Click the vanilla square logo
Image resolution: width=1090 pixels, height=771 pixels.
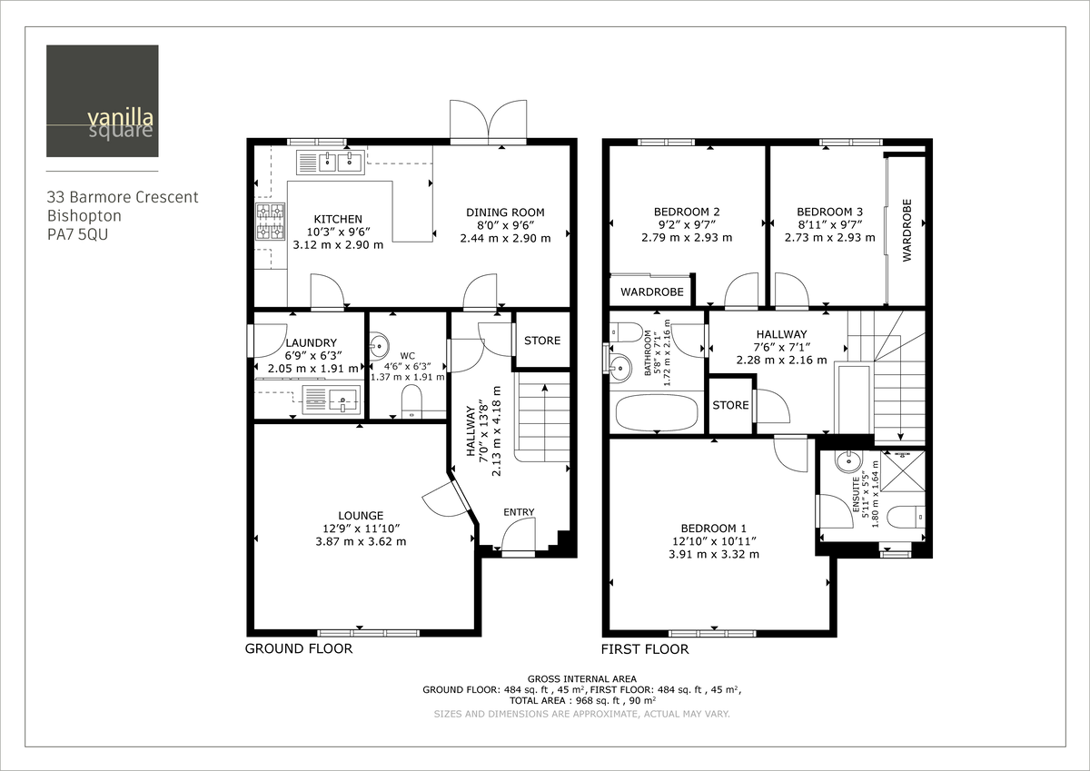[x=102, y=101]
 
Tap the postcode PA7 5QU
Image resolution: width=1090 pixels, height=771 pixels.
[x=81, y=234]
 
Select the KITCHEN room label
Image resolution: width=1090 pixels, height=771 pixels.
[x=338, y=219]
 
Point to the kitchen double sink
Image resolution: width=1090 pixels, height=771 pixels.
[x=331, y=163]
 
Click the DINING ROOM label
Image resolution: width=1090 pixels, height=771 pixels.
[x=505, y=213]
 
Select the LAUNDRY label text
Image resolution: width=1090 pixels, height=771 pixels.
[x=310, y=343]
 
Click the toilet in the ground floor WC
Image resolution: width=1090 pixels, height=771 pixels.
[x=411, y=401]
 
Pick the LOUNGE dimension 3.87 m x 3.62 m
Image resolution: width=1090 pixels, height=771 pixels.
[x=361, y=541]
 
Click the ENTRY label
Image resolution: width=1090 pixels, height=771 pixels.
[x=519, y=512]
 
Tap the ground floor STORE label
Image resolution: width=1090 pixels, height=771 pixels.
[x=542, y=341]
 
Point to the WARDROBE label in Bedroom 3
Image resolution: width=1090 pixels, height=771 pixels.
[x=907, y=231]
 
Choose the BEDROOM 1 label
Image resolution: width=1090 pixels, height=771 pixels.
[x=713, y=529]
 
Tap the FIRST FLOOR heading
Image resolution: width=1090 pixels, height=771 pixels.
[x=645, y=649]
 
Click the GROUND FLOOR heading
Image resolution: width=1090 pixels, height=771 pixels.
[x=298, y=649]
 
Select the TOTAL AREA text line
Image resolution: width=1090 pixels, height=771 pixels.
[x=581, y=700]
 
